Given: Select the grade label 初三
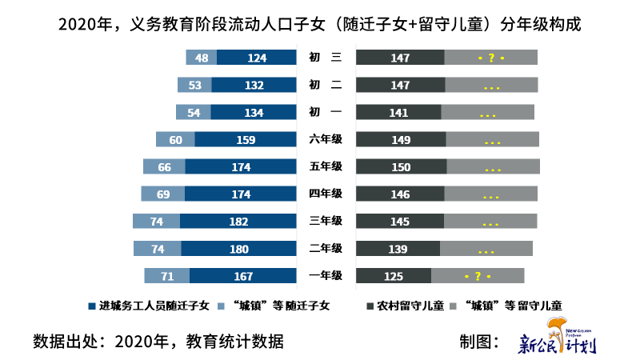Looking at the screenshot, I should pyautogui.click(x=326, y=58).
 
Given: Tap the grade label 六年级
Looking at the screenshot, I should pyautogui.click(x=326, y=140).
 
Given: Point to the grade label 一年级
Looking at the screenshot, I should pyautogui.click(x=326, y=276).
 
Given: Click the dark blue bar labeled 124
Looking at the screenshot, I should pyautogui.click(x=257, y=58).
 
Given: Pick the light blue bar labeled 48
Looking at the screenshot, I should pyautogui.click(x=202, y=58).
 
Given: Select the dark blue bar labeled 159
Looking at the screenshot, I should pyautogui.click(x=246, y=140).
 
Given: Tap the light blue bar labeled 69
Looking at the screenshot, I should pyautogui.click(x=163, y=194).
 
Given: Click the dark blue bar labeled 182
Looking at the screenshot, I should pyautogui.click(x=238, y=221).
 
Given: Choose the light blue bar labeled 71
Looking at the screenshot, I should pyautogui.click(x=167, y=276).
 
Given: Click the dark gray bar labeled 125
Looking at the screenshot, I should pyautogui.click(x=394, y=276).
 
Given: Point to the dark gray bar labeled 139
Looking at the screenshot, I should pyautogui.click(x=398, y=249).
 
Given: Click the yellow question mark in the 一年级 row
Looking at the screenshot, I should pyautogui.click(x=478, y=276).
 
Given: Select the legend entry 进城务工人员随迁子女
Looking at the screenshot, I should pyautogui.click(x=149, y=306).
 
